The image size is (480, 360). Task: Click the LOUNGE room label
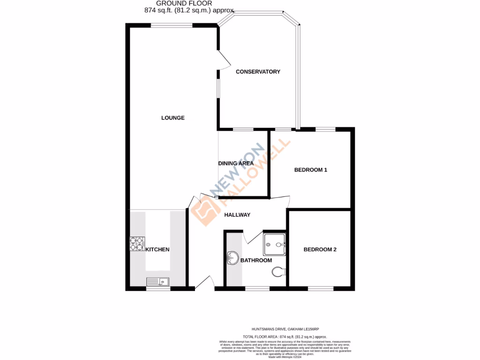(x=173, y=118)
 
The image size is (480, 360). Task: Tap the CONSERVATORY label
(x=258, y=72)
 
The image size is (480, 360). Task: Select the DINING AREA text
(x=236, y=164)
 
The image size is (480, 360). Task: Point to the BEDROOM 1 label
(x=310, y=170)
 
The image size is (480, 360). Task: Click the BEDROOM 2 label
(x=320, y=250)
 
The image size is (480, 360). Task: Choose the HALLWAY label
(x=237, y=215)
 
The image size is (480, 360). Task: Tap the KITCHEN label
(x=157, y=250)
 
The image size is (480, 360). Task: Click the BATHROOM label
(x=256, y=260)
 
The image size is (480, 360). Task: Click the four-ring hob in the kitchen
(x=137, y=243)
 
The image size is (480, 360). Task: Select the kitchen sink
(x=157, y=282)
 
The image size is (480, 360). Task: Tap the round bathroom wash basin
(x=232, y=257)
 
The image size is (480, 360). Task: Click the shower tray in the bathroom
(x=274, y=244)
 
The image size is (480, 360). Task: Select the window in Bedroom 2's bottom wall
(x=321, y=288)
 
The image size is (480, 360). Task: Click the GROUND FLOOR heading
(x=184, y=3)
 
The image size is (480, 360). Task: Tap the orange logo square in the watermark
(x=205, y=213)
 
